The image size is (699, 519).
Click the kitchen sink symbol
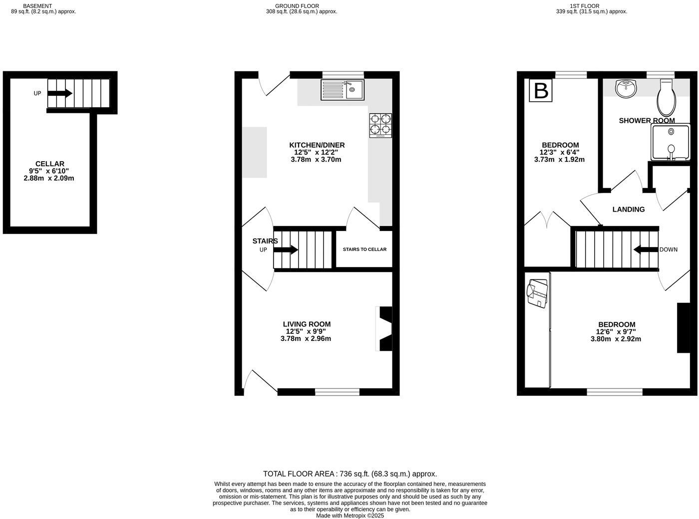tap(343, 90)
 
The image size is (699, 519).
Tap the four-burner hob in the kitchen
tap(380, 125)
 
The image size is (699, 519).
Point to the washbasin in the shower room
tap(626, 88)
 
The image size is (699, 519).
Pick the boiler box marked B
tap(541, 90)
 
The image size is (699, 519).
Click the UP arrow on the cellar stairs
tap(60, 93)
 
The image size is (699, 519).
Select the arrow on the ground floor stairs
tap(286, 250)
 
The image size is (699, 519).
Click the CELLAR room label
tap(50, 164)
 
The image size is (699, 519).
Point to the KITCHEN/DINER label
tap(317, 145)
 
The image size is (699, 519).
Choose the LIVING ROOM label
tap(307, 324)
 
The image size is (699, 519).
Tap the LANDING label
tap(629, 209)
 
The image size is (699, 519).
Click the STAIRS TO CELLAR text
tap(364, 249)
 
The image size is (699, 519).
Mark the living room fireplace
tap(384, 328)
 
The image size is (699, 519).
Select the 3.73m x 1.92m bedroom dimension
tap(559, 160)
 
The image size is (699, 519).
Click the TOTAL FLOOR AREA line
tap(350, 474)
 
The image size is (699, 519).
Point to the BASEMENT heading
tap(37, 6)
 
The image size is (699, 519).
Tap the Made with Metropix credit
tap(350, 516)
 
